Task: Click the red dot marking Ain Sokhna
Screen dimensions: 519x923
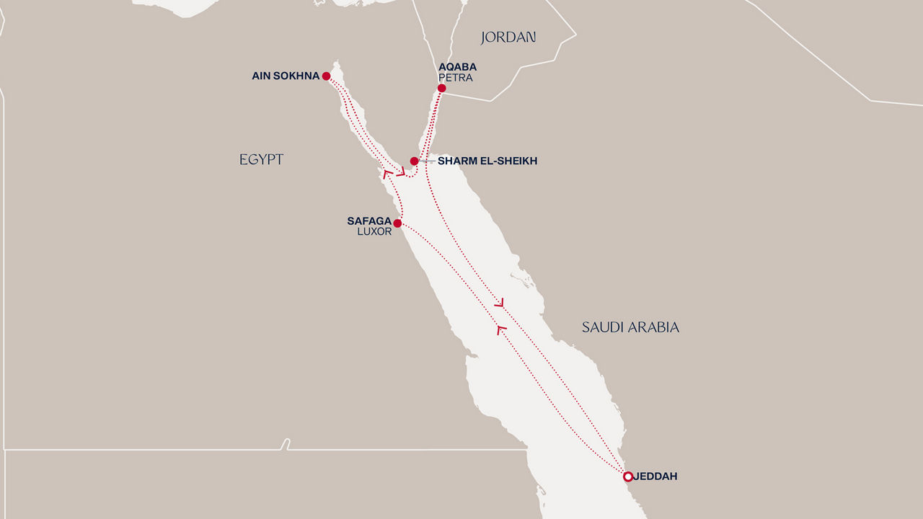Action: coord(326,76)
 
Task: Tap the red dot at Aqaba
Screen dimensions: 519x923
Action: coord(441,89)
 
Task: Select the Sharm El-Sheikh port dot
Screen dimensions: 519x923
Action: coord(414,161)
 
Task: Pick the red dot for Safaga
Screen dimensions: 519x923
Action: coord(397,223)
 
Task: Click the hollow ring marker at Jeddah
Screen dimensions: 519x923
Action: coord(628,476)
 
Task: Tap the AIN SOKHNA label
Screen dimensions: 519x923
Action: coord(286,76)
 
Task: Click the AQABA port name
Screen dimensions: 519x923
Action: coord(457,67)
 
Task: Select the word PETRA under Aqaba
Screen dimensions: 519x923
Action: coord(455,78)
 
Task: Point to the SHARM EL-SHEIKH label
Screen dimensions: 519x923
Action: coord(487,161)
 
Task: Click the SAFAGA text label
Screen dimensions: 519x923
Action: coord(369,221)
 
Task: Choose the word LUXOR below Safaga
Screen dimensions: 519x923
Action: coord(374,232)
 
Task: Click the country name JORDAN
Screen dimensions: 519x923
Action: coord(508,37)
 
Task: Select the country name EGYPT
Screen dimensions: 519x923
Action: coord(261,160)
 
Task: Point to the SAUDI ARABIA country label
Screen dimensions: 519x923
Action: coord(630,327)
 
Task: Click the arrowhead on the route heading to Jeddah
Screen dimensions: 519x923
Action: coord(498,302)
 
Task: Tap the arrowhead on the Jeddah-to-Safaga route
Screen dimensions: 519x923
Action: coord(501,329)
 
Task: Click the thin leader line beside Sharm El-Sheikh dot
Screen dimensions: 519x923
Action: coord(426,161)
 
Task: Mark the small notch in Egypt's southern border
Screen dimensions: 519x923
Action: coord(286,444)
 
